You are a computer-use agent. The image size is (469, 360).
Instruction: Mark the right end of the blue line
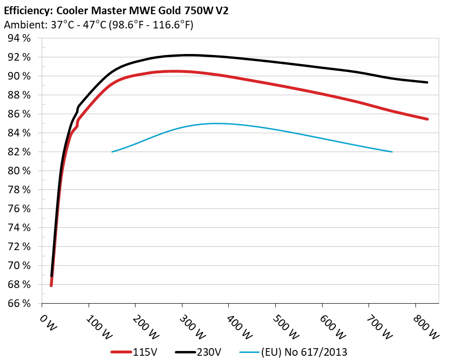click(x=392, y=152)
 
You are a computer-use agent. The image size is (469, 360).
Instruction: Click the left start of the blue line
click(x=112, y=152)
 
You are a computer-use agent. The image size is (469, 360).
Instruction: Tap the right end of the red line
click(x=427, y=119)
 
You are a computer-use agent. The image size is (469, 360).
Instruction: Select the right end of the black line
click(x=427, y=82)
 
